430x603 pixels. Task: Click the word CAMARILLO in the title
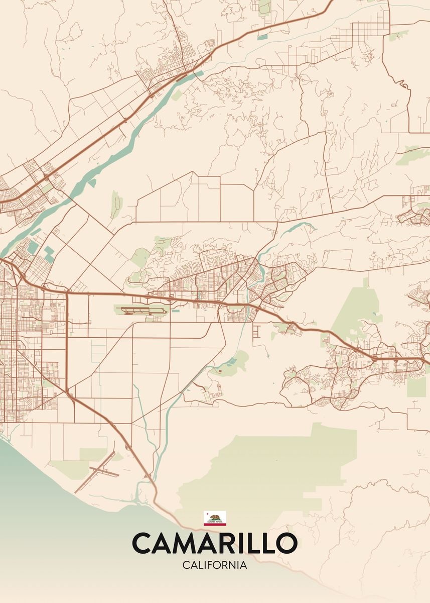click(215, 543)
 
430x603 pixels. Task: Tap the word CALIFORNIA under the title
click(215, 565)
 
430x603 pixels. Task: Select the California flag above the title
click(215, 518)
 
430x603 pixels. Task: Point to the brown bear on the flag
click(215, 517)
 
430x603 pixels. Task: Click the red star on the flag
click(206, 514)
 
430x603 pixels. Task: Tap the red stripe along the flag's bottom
click(215, 524)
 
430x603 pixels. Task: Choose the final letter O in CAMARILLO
click(286, 543)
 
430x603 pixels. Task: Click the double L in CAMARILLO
click(259, 543)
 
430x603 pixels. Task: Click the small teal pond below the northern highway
click(262, 37)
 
